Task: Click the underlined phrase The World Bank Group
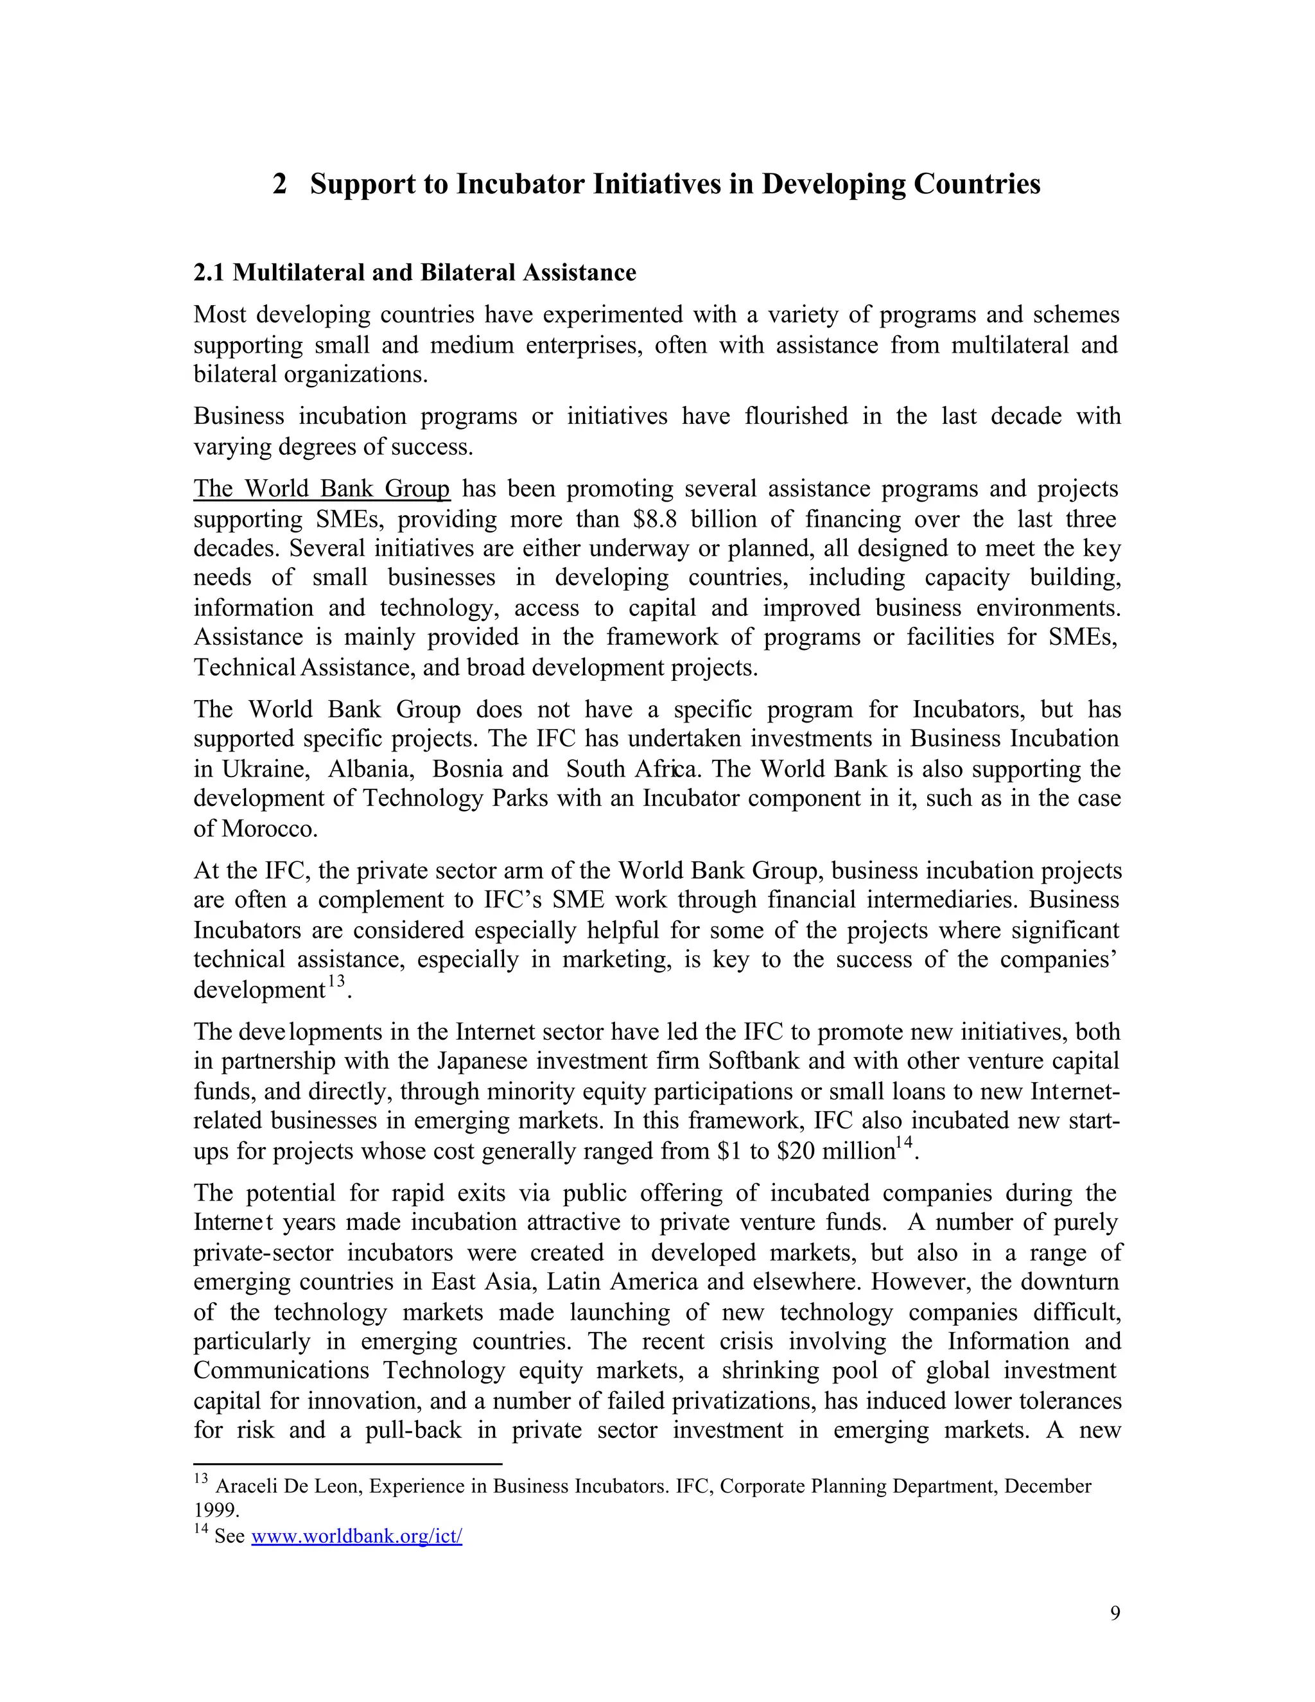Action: coord(322,489)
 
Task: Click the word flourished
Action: coord(796,416)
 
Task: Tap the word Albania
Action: coord(369,769)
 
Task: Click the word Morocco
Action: coord(269,829)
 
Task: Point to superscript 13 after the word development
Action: coord(336,981)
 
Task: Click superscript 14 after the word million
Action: coord(903,1143)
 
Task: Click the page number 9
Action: coord(1115,1613)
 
